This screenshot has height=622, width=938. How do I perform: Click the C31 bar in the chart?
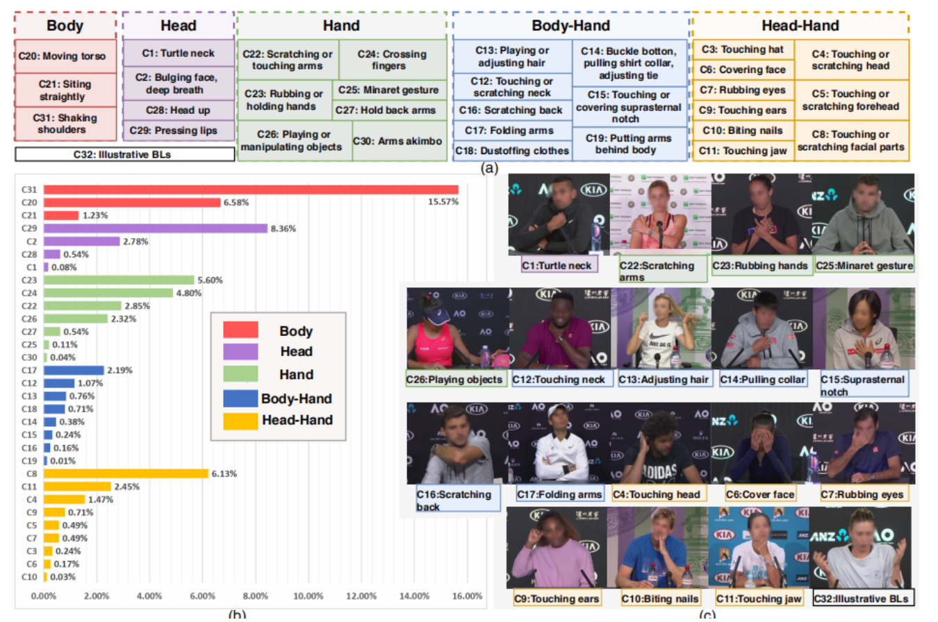pyautogui.click(x=250, y=190)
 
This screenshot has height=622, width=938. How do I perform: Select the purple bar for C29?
pyautogui.click(x=156, y=228)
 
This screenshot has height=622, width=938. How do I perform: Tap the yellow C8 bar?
pyautogui.click(x=126, y=473)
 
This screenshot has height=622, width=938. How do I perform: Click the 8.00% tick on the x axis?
pyautogui.click(x=255, y=596)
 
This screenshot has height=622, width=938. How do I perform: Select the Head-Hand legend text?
pyautogui.click(x=297, y=419)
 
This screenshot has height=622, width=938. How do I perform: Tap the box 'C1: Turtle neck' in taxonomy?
pyautogui.click(x=179, y=53)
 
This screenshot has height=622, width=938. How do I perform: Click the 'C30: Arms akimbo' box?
pyautogui.click(x=399, y=142)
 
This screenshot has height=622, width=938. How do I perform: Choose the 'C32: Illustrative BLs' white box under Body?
pyautogui.click(x=124, y=154)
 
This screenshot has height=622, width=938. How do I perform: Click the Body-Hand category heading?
pyautogui.click(x=570, y=26)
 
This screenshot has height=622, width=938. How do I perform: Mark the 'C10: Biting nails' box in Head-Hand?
pyautogui.click(x=742, y=131)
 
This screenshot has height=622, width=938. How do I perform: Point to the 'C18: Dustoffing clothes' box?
pyautogui.click(x=512, y=151)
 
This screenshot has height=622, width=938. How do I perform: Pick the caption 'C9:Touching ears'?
pyautogui.click(x=556, y=598)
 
